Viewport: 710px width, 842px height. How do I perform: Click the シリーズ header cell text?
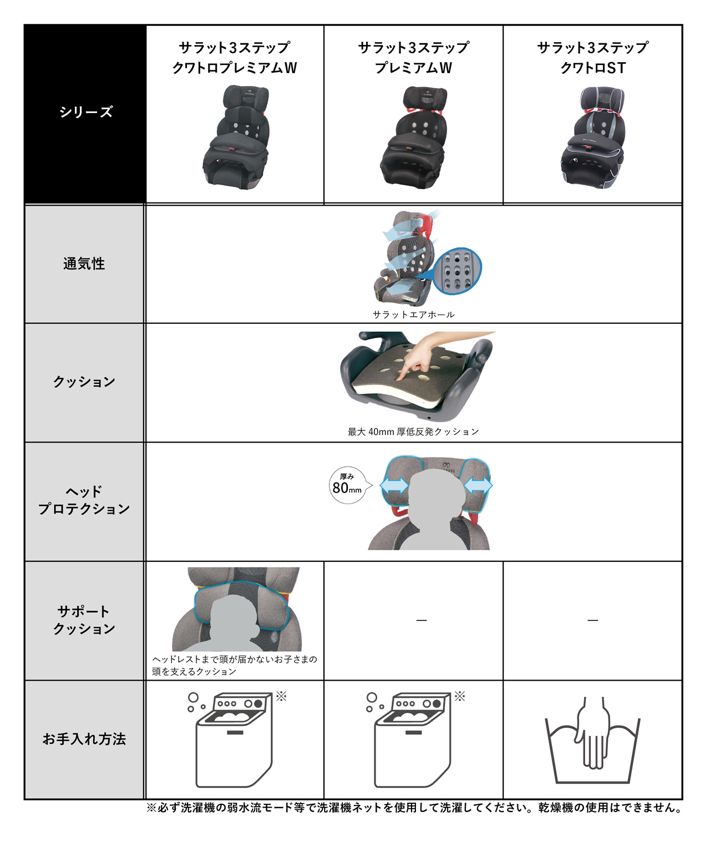(86, 112)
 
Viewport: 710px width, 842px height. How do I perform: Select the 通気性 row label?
(84, 263)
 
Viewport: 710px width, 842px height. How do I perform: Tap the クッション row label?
(84, 382)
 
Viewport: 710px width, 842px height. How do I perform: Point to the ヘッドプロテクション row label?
(84, 500)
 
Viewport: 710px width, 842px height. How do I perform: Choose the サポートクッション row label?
(84, 620)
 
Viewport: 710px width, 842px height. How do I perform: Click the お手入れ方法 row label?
(84, 739)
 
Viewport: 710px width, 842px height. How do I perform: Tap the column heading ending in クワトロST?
(592, 58)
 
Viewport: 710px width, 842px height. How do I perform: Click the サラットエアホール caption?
(413, 315)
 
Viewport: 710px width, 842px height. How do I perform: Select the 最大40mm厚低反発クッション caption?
(413, 432)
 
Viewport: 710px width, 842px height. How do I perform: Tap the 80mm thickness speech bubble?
(348, 485)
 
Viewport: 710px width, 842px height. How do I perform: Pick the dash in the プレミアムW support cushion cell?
(422, 620)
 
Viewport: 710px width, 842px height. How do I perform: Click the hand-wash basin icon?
(592, 743)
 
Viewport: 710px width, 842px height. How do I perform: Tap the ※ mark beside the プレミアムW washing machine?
(460, 696)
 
